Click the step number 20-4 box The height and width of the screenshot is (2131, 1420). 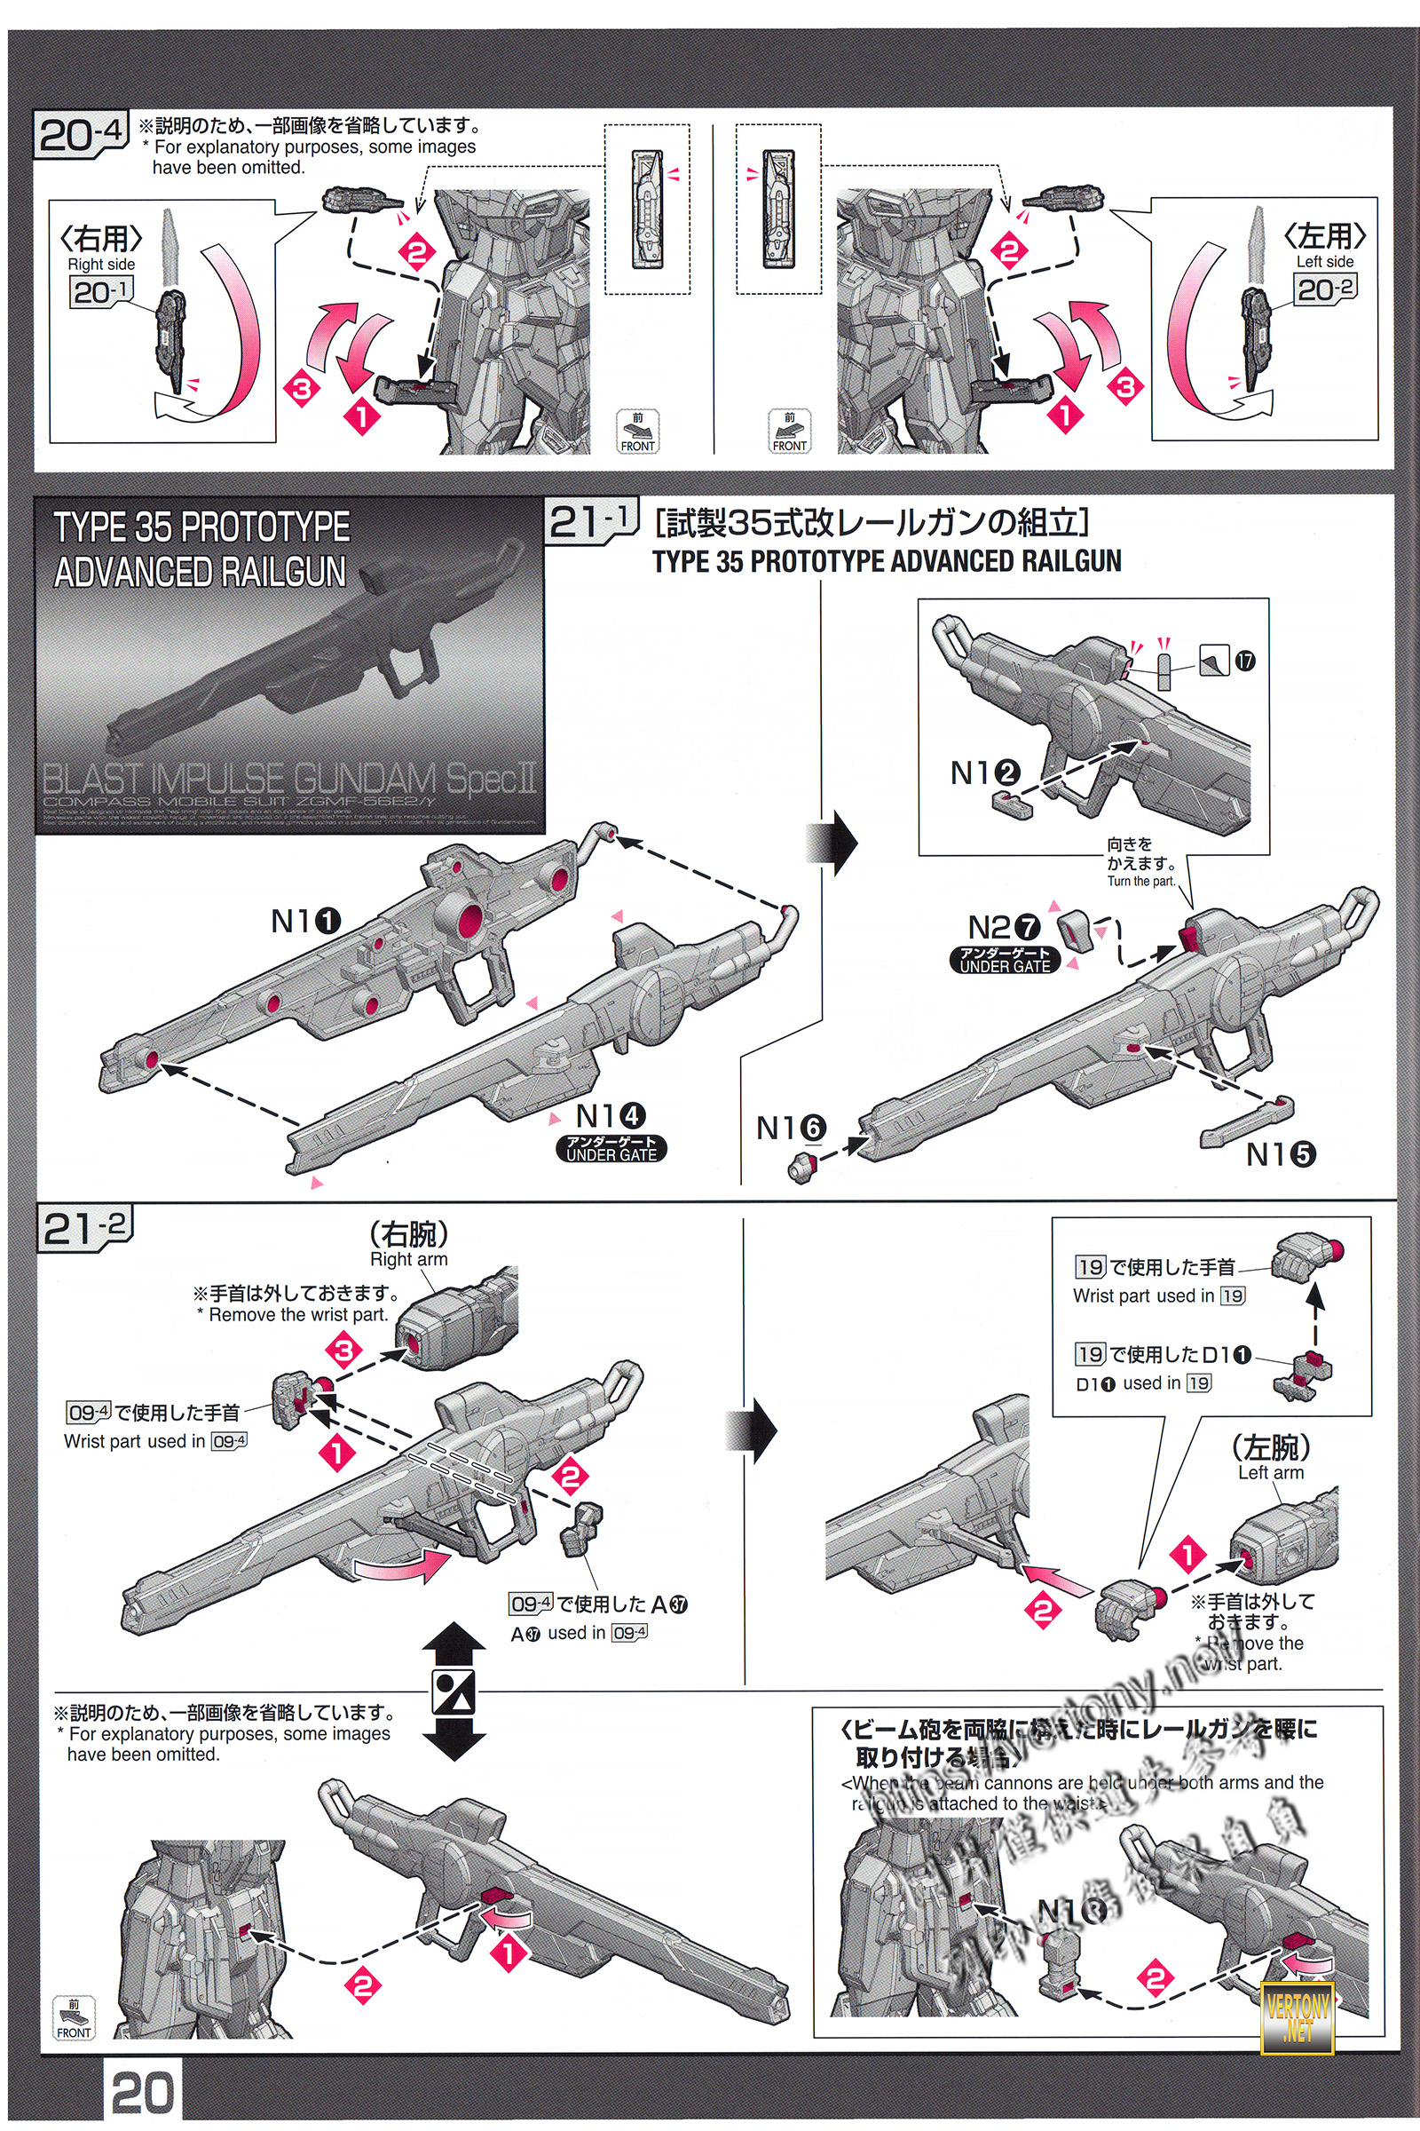click(x=81, y=135)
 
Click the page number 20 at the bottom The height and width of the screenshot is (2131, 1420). click(x=142, y=2092)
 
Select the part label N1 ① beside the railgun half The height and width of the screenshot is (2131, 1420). click(x=306, y=922)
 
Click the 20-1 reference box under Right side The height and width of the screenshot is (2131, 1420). click(x=101, y=292)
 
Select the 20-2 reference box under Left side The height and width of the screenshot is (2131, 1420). click(x=1325, y=290)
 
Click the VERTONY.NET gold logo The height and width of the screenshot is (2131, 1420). click(x=1298, y=2013)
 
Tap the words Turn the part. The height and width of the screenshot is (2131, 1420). click(x=1140, y=881)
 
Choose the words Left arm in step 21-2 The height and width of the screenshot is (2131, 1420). click(x=1271, y=1472)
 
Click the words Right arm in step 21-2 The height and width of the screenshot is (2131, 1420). click(x=408, y=1259)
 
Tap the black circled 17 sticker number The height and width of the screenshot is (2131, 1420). click(x=1245, y=661)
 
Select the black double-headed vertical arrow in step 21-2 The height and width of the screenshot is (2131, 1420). click(x=454, y=1691)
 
